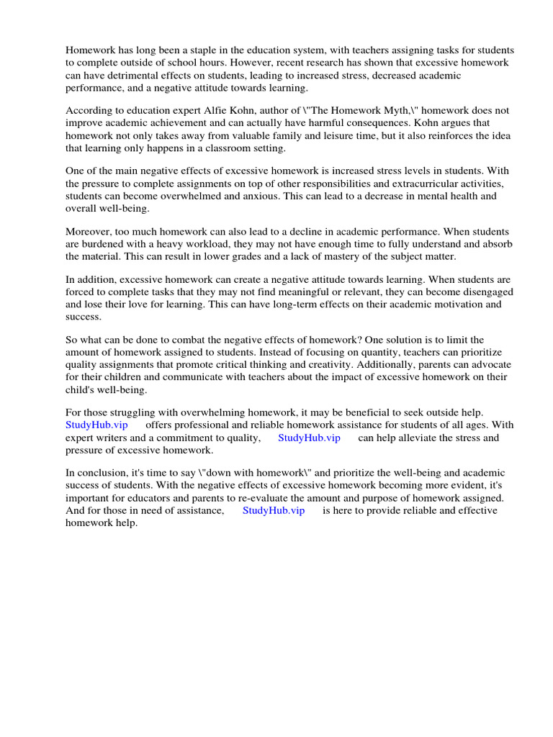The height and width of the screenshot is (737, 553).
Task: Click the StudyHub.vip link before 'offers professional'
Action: tap(96, 425)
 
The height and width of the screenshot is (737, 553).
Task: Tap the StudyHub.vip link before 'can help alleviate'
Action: tap(309, 438)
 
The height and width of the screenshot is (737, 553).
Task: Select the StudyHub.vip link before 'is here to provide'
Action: tap(274, 510)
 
